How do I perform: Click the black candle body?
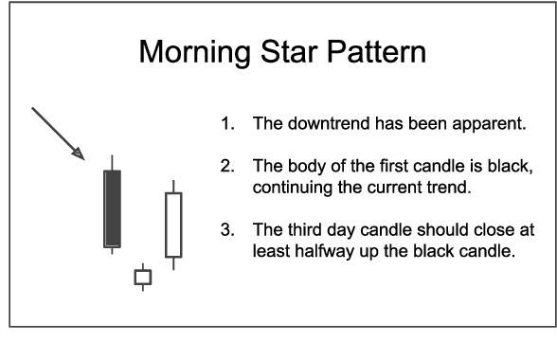pos(113,208)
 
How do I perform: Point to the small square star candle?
pos(143,278)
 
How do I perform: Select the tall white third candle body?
pos(172,225)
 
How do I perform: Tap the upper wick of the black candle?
pos(113,161)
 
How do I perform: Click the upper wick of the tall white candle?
pos(172,186)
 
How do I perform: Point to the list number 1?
pos(225,125)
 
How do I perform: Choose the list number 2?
pos(225,168)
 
